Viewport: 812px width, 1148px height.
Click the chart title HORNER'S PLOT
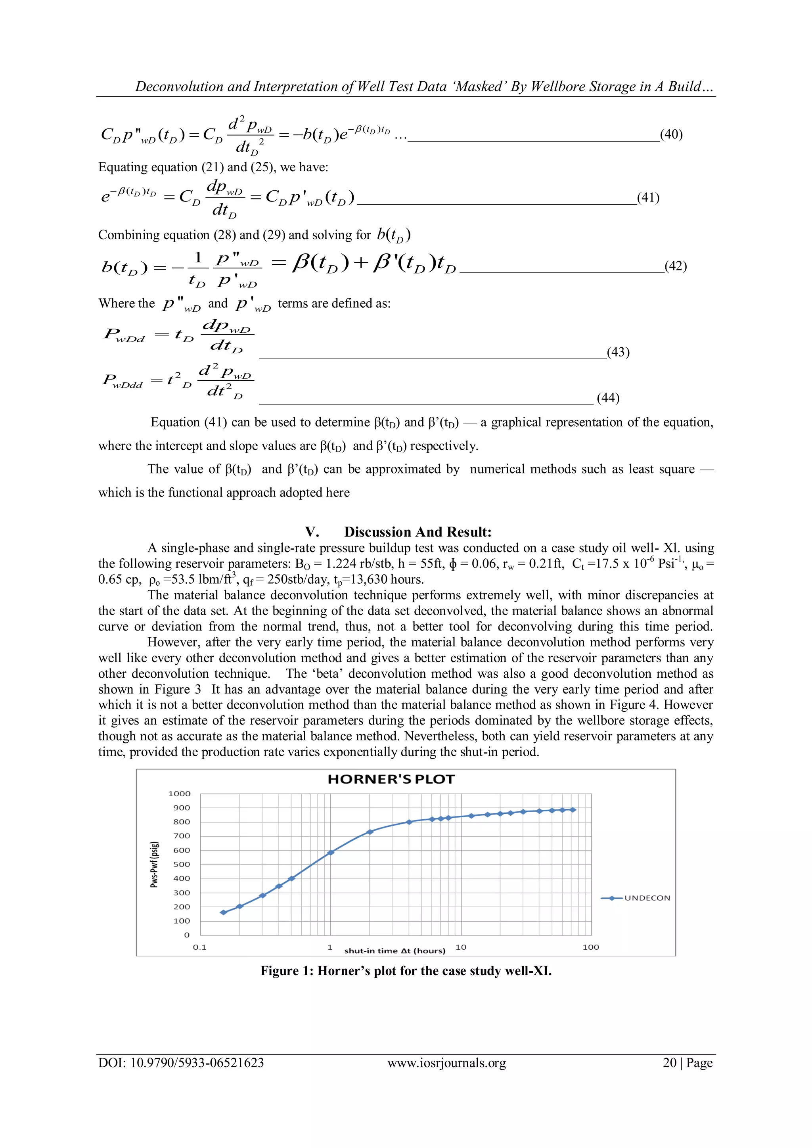(391, 779)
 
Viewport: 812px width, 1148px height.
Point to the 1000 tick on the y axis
(180, 793)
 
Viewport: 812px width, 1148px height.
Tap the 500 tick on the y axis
(182, 864)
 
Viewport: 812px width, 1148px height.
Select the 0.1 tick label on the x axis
(199, 947)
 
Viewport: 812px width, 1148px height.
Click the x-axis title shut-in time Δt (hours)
(395, 951)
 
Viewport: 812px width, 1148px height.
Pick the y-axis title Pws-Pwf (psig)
(155, 864)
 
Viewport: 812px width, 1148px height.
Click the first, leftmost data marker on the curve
(224, 912)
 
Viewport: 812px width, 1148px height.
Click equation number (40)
(671, 134)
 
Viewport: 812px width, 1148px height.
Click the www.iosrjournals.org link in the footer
(446, 1062)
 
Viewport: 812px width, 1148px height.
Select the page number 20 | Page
(688, 1062)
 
